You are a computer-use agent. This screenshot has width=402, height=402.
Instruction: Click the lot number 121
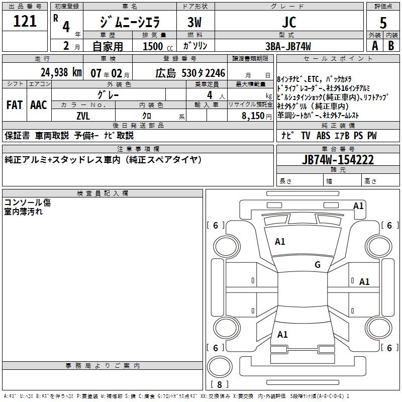click(25, 21)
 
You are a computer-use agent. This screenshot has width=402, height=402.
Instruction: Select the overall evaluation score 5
click(383, 22)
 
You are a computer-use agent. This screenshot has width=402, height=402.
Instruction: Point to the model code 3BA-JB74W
click(288, 46)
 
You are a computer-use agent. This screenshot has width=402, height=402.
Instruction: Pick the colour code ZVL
click(83, 115)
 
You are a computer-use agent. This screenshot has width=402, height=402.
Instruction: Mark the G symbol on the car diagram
click(317, 265)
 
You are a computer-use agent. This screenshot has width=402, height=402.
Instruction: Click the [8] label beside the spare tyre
click(219, 385)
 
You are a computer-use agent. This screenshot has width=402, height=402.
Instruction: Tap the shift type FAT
click(14, 105)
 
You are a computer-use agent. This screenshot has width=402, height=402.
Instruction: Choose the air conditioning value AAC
click(39, 105)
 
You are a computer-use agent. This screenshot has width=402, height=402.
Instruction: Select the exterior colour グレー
click(119, 94)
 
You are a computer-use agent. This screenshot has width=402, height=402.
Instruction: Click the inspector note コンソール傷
click(27, 203)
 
